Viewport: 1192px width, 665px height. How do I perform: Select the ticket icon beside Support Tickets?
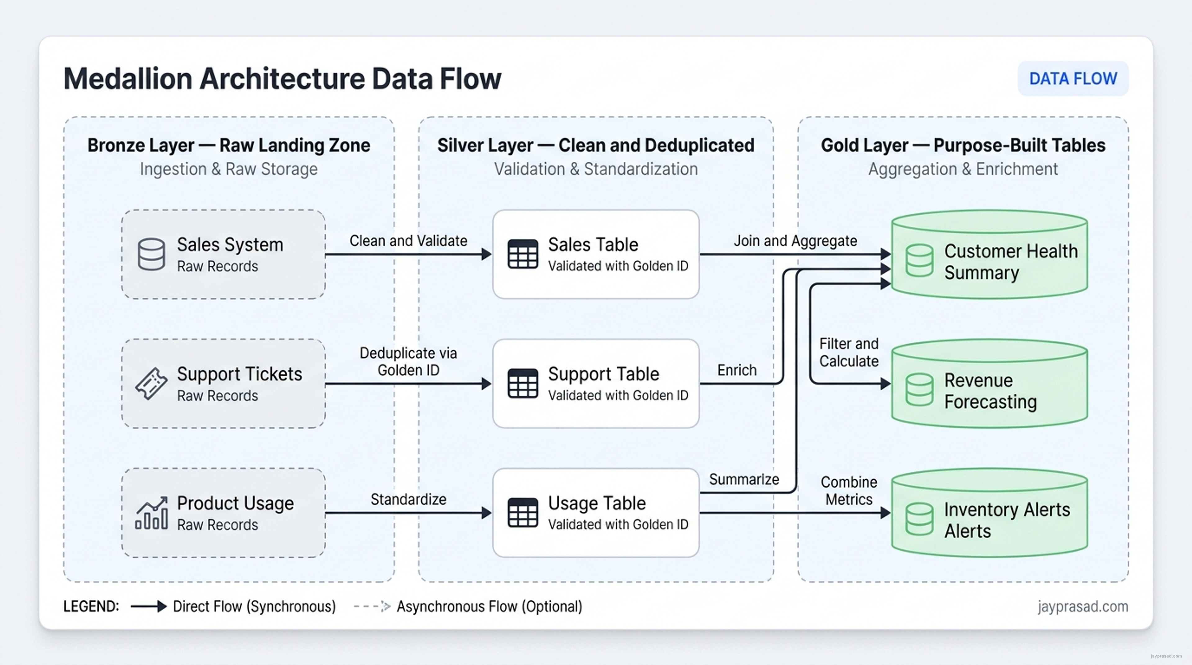click(x=151, y=383)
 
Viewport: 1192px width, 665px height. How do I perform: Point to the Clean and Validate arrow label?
click(x=408, y=240)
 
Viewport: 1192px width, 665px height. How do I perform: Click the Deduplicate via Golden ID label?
click(x=408, y=361)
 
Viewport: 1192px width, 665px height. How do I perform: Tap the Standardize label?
click(x=408, y=499)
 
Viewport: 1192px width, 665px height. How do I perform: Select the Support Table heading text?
click(x=603, y=374)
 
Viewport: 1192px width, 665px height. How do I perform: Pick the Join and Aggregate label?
click(x=795, y=240)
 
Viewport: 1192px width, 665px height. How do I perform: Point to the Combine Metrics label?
click(x=849, y=490)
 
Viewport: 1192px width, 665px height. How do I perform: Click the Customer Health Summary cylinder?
click(x=989, y=254)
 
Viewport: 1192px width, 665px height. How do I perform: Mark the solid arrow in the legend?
click(x=149, y=606)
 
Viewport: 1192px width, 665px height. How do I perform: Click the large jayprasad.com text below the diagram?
click(x=1083, y=606)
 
